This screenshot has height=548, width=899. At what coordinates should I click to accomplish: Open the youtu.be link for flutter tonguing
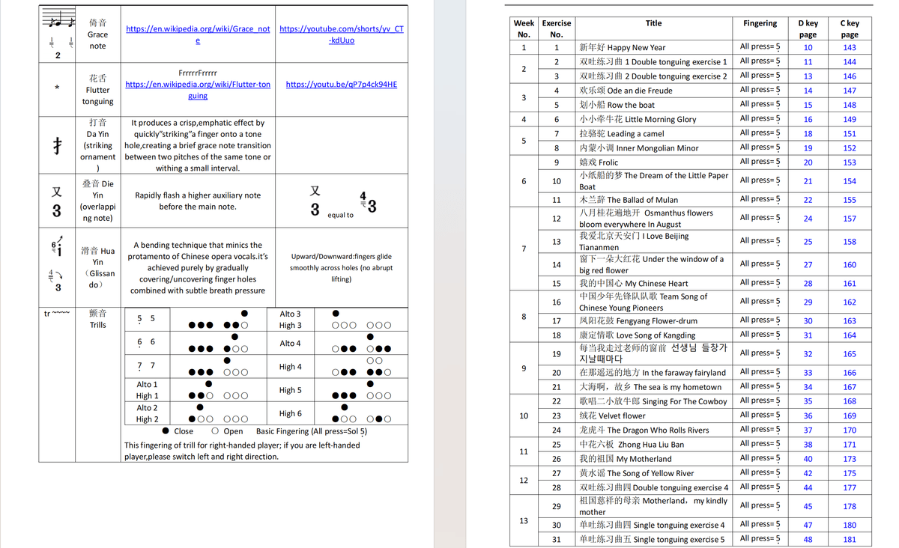(341, 85)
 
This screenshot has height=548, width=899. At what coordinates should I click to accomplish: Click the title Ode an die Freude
(626, 91)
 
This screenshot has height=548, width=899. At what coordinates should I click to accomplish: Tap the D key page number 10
(808, 47)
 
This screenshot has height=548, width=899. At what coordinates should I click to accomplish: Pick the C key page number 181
(849, 539)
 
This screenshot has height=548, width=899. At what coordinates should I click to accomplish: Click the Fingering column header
(760, 23)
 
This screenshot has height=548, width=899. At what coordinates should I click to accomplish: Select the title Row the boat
(617, 105)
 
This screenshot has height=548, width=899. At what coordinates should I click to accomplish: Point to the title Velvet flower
(612, 415)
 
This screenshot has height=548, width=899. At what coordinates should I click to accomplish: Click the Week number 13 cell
(524, 521)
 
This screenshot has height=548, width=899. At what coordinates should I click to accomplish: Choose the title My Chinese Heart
(633, 284)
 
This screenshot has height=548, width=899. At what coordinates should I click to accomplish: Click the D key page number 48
(808, 539)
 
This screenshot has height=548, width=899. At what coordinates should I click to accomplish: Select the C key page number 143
(849, 47)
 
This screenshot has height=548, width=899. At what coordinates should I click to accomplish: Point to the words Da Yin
(97, 134)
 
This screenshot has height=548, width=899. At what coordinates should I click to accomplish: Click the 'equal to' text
(340, 215)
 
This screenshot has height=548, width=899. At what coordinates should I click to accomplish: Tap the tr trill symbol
(57, 314)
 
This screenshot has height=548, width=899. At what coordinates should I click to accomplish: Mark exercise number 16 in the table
(556, 302)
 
